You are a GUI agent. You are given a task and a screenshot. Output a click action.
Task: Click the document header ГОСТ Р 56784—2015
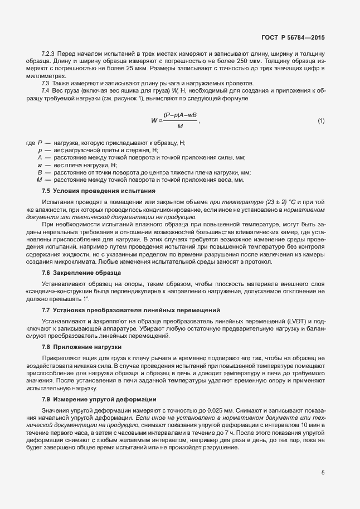click(x=293, y=38)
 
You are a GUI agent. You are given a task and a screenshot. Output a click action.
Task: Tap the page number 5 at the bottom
click(x=323, y=473)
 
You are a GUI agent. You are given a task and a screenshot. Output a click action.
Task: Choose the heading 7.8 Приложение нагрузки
click(x=74, y=347)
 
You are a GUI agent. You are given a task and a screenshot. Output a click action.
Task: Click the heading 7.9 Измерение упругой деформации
click(x=92, y=399)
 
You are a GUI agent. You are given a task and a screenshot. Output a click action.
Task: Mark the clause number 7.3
click(x=46, y=83)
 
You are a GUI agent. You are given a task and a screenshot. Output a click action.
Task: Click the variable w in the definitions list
click(x=40, y=165)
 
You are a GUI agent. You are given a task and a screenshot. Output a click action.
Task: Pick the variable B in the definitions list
click(x=40, y=172)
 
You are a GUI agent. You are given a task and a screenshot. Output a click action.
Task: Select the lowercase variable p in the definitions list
click(x=40, y=151)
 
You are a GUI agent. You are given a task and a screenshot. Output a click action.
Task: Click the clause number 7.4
click(x=46, y=90)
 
